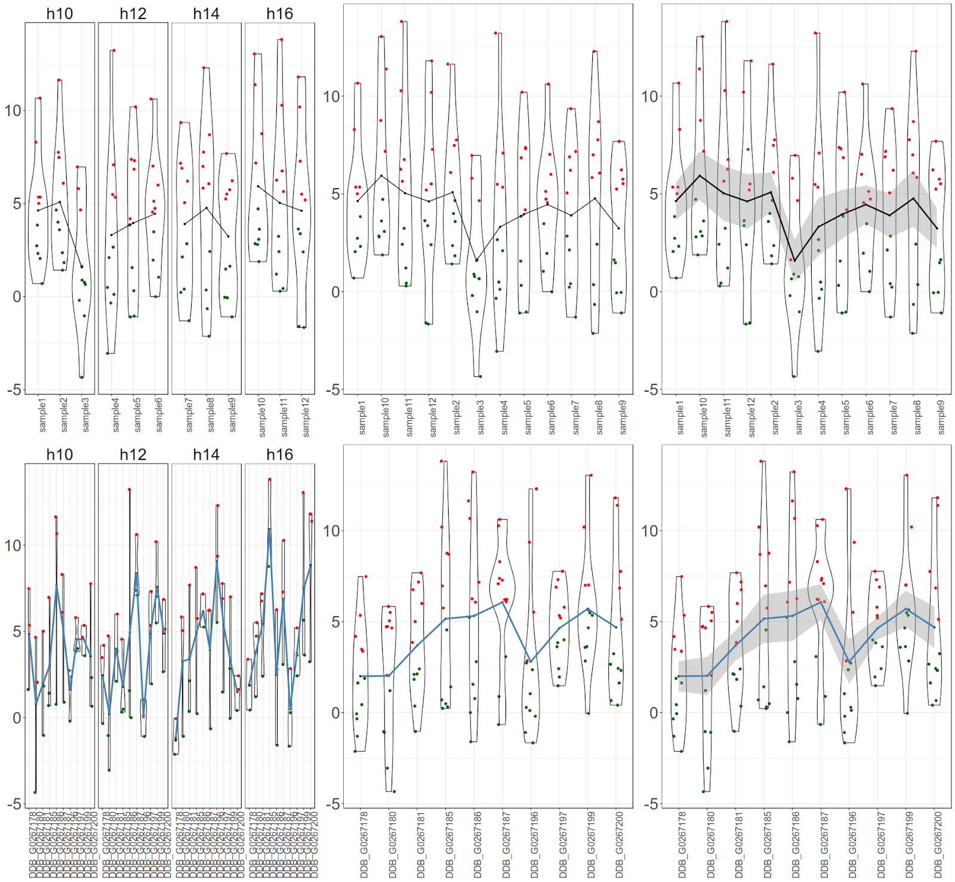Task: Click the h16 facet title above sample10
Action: (x=279, y=13)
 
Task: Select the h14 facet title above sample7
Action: (x=206, y=13)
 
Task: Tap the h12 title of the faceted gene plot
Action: (x=133, y=454)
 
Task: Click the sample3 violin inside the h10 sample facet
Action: (x=82, y=269)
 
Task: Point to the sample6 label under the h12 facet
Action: (x=158, y=414)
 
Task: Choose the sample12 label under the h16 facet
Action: (x=306, y=417)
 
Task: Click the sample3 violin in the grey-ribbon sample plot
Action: (x=794, y=269)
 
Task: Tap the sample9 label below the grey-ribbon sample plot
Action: (x=941, y=417)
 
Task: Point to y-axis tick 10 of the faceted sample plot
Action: (x=13, y=110)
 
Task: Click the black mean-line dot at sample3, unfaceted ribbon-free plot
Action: (x=476, y=260)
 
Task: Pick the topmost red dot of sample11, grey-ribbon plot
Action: (x=726, y=21)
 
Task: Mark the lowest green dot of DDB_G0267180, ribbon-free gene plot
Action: (x=394, y=791)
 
